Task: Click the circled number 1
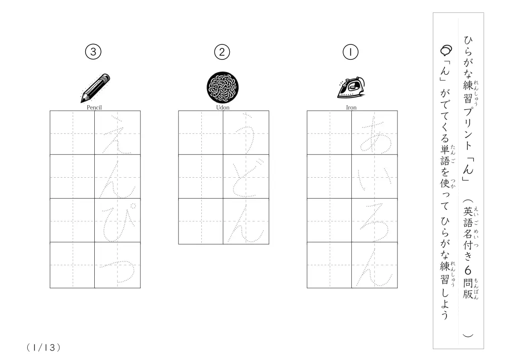[x=350, y=52]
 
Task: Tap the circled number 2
[x=222, y=52]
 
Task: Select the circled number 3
[x=93, y=52]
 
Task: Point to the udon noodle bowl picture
[x=223, y=88]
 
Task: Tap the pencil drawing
[x=95, y=88]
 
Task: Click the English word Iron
[x=351, y=107]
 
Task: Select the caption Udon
[x=223, y=107]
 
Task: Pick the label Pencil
[x=94, y=107]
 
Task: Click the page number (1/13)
[x=44, y=348]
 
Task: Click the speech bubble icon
[x=446, y=50]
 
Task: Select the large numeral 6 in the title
[x=468, y=270]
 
